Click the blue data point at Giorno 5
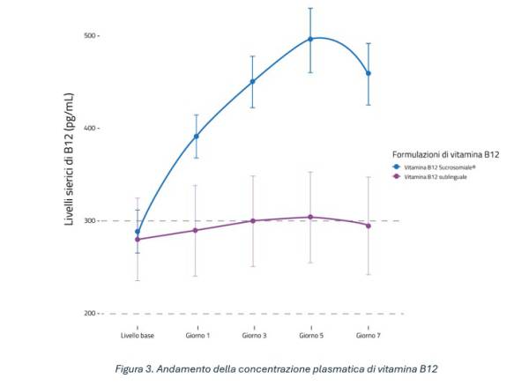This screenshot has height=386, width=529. (310, 39)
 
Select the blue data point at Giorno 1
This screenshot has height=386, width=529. (196, 136)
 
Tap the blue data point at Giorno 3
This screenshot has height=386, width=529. (253, 81)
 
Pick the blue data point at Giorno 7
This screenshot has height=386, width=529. (368, 73)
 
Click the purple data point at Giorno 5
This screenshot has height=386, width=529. (310, 217)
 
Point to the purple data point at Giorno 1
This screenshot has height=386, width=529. (196, 230)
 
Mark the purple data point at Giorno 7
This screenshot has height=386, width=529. (368, 226)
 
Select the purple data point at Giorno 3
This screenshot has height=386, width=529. (253, 220)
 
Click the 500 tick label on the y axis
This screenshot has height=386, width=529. (89, 36)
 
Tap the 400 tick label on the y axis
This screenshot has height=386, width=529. (89, 129)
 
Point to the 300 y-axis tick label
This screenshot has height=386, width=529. (89, 221)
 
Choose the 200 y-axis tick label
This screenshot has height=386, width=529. (89, 314)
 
